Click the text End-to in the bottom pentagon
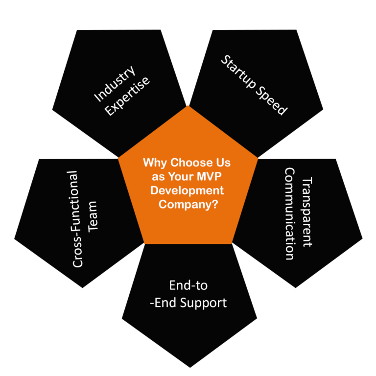[x=188, y=285]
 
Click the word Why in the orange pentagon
[x=153, y=163]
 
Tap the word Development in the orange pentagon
[x=188, y=190]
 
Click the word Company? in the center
[x=188, y=205]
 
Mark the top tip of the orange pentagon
[x=188, y=105]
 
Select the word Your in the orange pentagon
[x=181, y=177]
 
